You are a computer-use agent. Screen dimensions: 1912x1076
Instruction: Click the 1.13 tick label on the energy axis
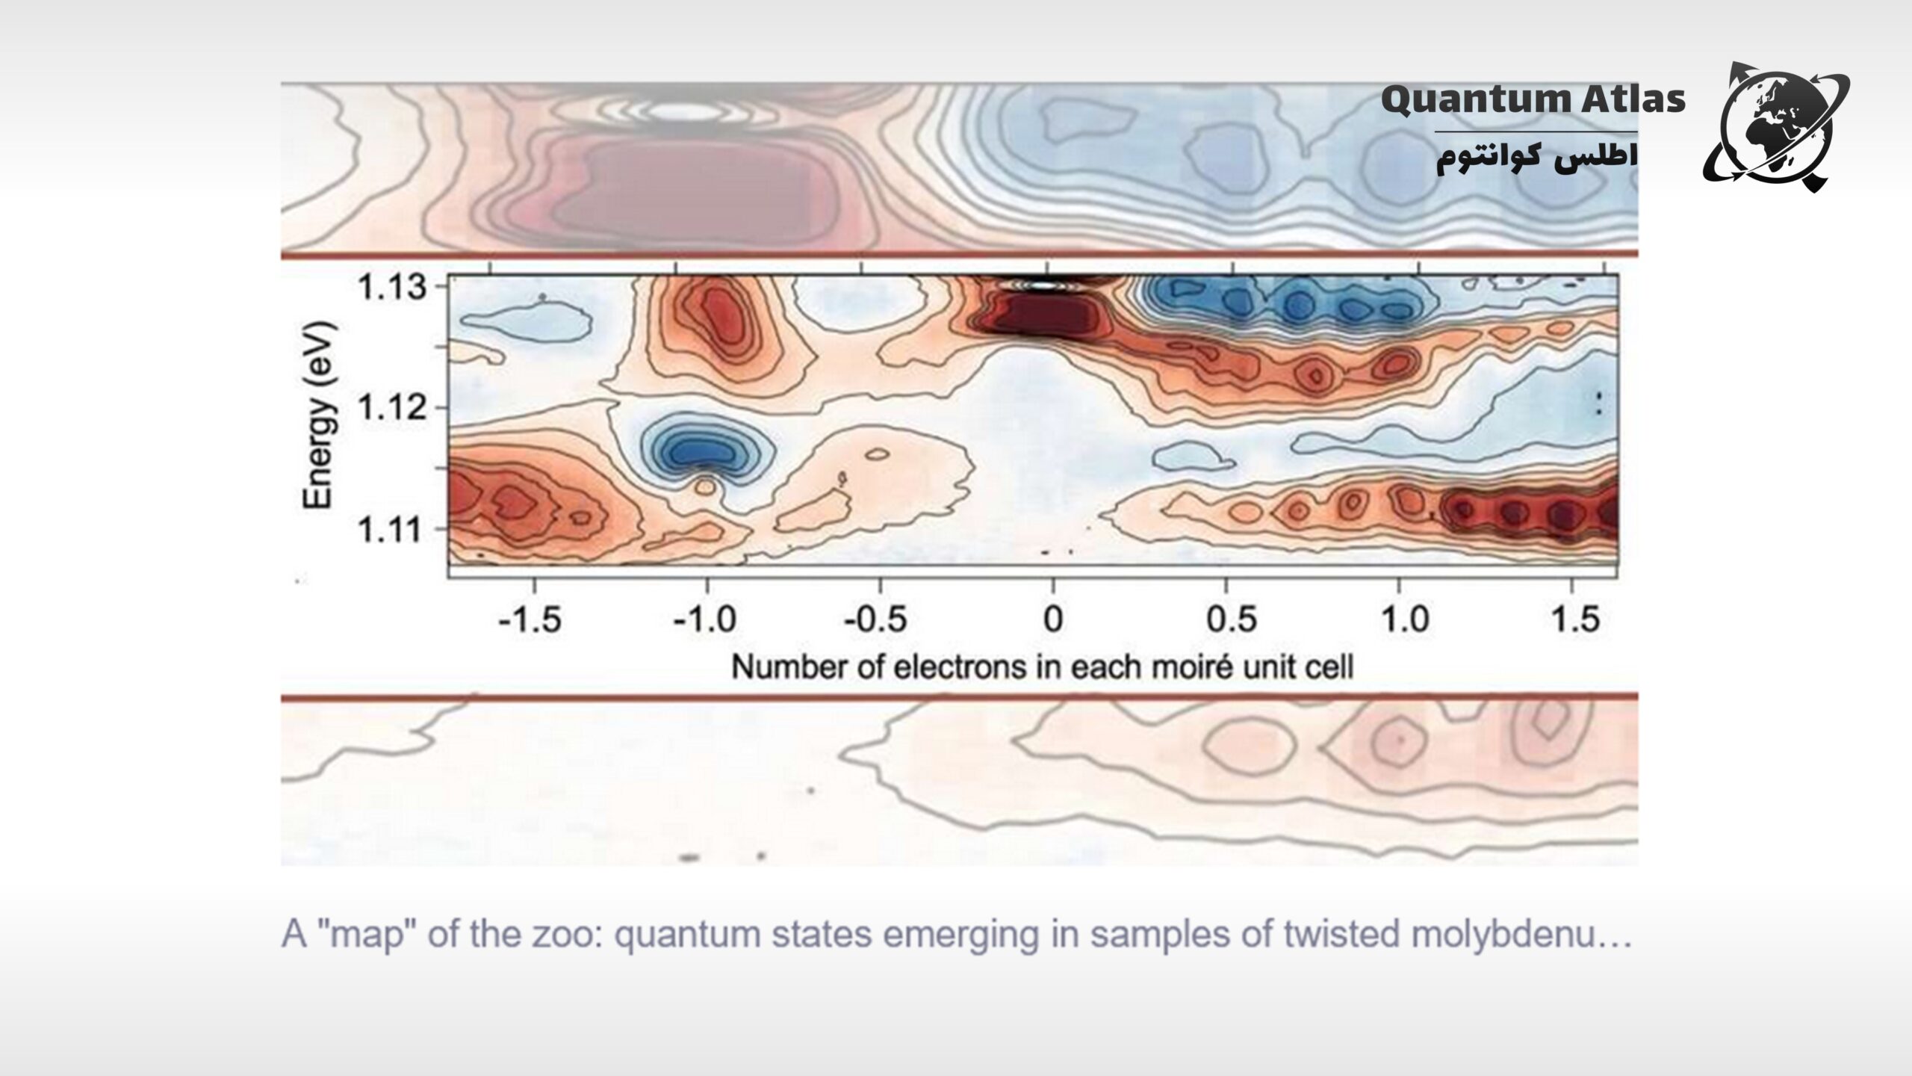coord(392,287)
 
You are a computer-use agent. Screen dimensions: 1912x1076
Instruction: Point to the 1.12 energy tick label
coord(392,408)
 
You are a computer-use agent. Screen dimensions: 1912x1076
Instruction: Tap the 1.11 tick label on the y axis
coord(392,530)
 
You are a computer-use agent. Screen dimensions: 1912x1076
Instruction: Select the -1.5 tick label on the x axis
coord(530,619)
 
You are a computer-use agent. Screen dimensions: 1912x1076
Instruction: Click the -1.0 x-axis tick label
coord(706,619)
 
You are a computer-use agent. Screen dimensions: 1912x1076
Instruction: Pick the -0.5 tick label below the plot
coord(877,619)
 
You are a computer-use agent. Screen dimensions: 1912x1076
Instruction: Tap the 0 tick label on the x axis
coord(1053,619)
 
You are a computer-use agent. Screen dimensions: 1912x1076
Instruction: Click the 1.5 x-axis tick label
coord(1577,619)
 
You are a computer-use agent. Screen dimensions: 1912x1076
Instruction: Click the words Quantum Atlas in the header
coord(1533,99)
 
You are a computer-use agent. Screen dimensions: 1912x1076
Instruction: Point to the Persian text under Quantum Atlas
coord(1536,158)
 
